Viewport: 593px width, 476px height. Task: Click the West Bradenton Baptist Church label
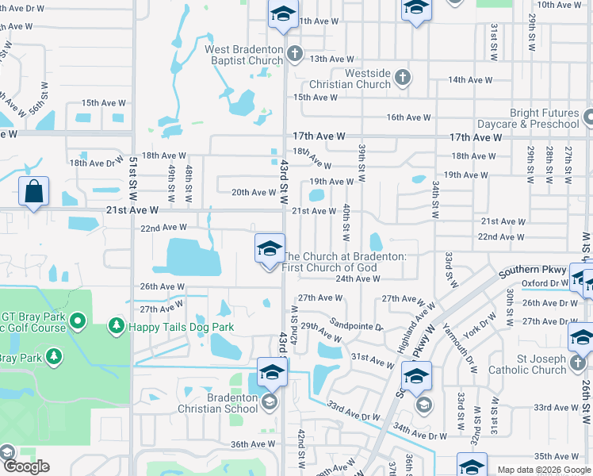click(244, 55)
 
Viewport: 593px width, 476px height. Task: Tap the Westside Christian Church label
click(362, 79)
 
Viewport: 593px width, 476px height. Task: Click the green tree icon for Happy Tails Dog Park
click(117, 326)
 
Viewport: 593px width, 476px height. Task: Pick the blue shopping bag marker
click(34, 192)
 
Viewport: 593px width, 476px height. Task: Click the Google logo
click(26, 466)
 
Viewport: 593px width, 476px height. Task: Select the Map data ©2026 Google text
click(543, 470)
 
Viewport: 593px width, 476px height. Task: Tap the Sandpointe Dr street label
click(356, 326)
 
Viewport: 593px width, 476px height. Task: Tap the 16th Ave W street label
click(408, 117)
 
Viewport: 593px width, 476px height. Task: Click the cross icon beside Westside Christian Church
click(403, 77)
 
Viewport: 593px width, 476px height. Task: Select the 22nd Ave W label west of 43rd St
click(163, 228)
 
